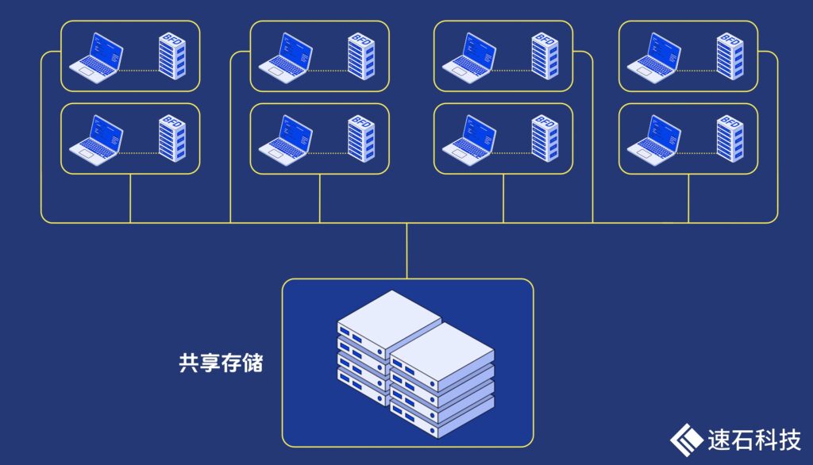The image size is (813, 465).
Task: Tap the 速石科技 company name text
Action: pos(753,439)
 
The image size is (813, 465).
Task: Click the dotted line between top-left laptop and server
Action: pos(140,70)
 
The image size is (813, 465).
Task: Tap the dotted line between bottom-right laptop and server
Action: pos(698,152)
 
